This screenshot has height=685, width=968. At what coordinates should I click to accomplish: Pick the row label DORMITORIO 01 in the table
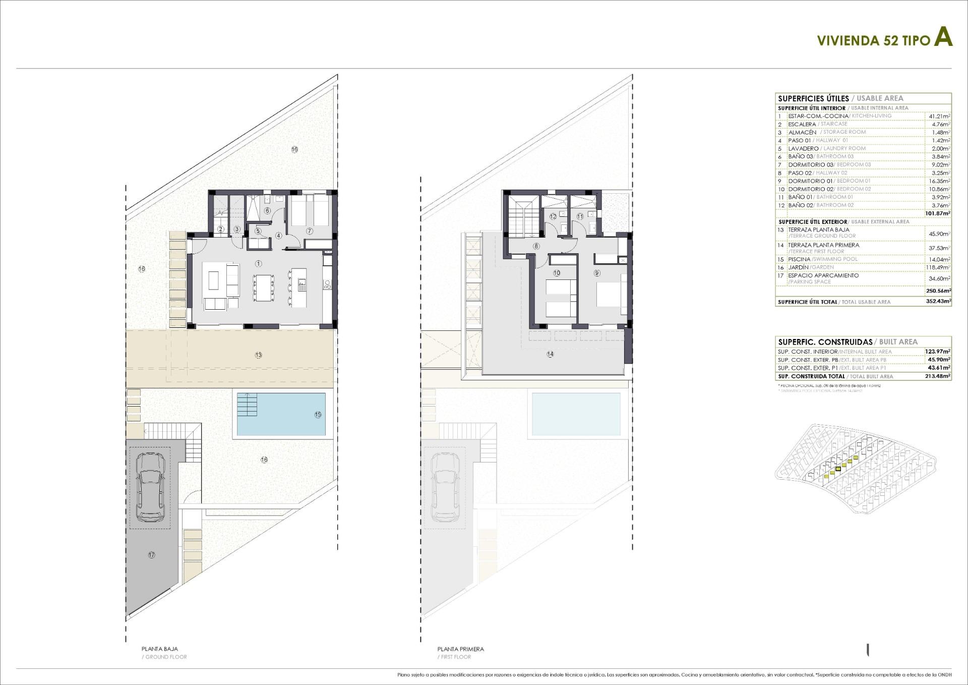coord(810,181)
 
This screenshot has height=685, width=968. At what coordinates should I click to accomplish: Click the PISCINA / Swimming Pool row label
coord(799,259)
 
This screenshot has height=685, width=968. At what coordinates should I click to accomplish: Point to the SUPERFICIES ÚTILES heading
coord(813,98)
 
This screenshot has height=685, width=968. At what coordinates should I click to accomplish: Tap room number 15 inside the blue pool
coord(318,415)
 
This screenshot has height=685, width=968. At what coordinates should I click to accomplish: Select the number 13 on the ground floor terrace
coord(259,355)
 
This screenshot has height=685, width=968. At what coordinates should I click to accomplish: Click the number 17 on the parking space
coord(151,555)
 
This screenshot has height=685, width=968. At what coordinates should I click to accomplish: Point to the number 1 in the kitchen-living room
coord(259,263)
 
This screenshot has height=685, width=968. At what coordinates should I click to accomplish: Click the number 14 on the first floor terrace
coord(550,354)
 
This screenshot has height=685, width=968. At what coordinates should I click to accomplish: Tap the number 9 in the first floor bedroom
coord(597,273)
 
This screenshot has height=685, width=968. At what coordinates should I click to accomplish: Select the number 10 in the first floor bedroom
coord(557,273)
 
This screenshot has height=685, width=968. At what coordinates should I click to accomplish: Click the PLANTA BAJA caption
coord(159,649)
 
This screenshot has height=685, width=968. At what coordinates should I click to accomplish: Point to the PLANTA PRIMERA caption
coord(460,649)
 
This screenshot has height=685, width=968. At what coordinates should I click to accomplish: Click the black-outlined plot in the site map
coord(838,469)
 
